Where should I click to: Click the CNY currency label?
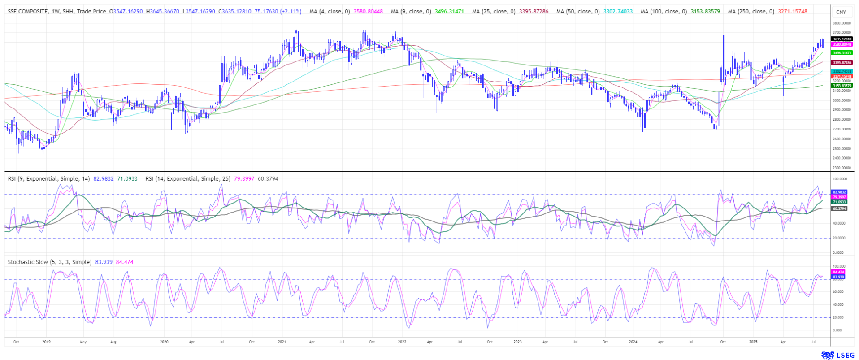(x=841, y=13)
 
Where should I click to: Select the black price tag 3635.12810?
(x=842, y=39)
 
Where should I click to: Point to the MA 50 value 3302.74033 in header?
(x=618, y=12)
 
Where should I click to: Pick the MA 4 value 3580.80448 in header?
(x=368, y=12)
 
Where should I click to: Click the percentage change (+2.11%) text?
(x=291, y=12)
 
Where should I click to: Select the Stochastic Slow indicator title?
(x=49, y=262)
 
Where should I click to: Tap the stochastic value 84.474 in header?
(x=124, y=262)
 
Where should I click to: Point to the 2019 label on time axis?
(x=46, y=342)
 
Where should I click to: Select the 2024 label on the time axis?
(x=633, y=342)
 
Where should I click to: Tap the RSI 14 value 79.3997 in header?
(x=244, y=179)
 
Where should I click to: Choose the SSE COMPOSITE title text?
(x=28, y=12)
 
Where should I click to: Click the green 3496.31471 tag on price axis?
(x=842, y=53)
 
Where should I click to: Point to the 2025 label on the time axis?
(x=753, y=342)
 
